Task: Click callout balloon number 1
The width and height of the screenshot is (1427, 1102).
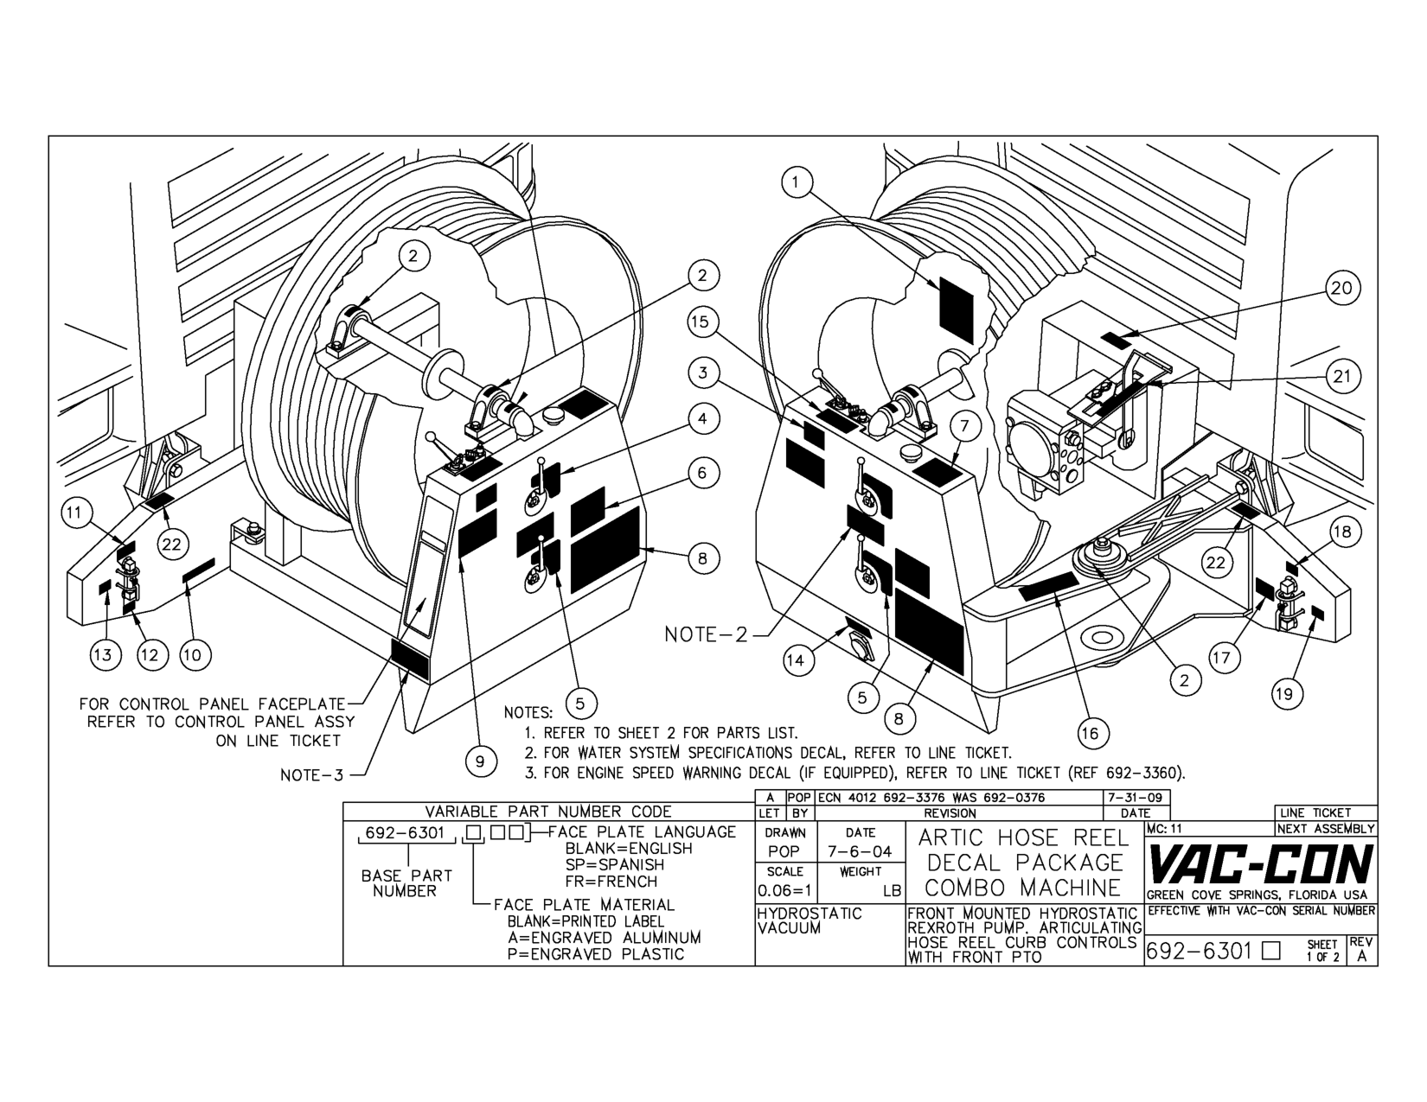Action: tap(797, 182)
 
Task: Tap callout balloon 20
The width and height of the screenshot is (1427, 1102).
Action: tap(1341, 288)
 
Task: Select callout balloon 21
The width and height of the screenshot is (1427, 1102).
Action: tap(1341, 376)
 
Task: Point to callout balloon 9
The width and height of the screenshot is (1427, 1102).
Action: tap(480, 761)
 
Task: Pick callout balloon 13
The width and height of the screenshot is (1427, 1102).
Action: tap(103, 654)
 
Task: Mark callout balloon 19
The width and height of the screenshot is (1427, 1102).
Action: tap(1288, 693)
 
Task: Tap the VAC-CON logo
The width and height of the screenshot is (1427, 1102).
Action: tap(1260, 863)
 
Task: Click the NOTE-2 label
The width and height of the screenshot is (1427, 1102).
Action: tap(705, 635)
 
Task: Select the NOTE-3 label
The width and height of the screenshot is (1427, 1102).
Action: tap(311, 775)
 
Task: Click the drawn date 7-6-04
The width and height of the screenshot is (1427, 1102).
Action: tap(860, 852)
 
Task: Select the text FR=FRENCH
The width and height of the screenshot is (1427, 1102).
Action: tap(611, 882)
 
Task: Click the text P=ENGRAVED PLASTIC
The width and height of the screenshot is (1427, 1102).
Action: tap(596, 954)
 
